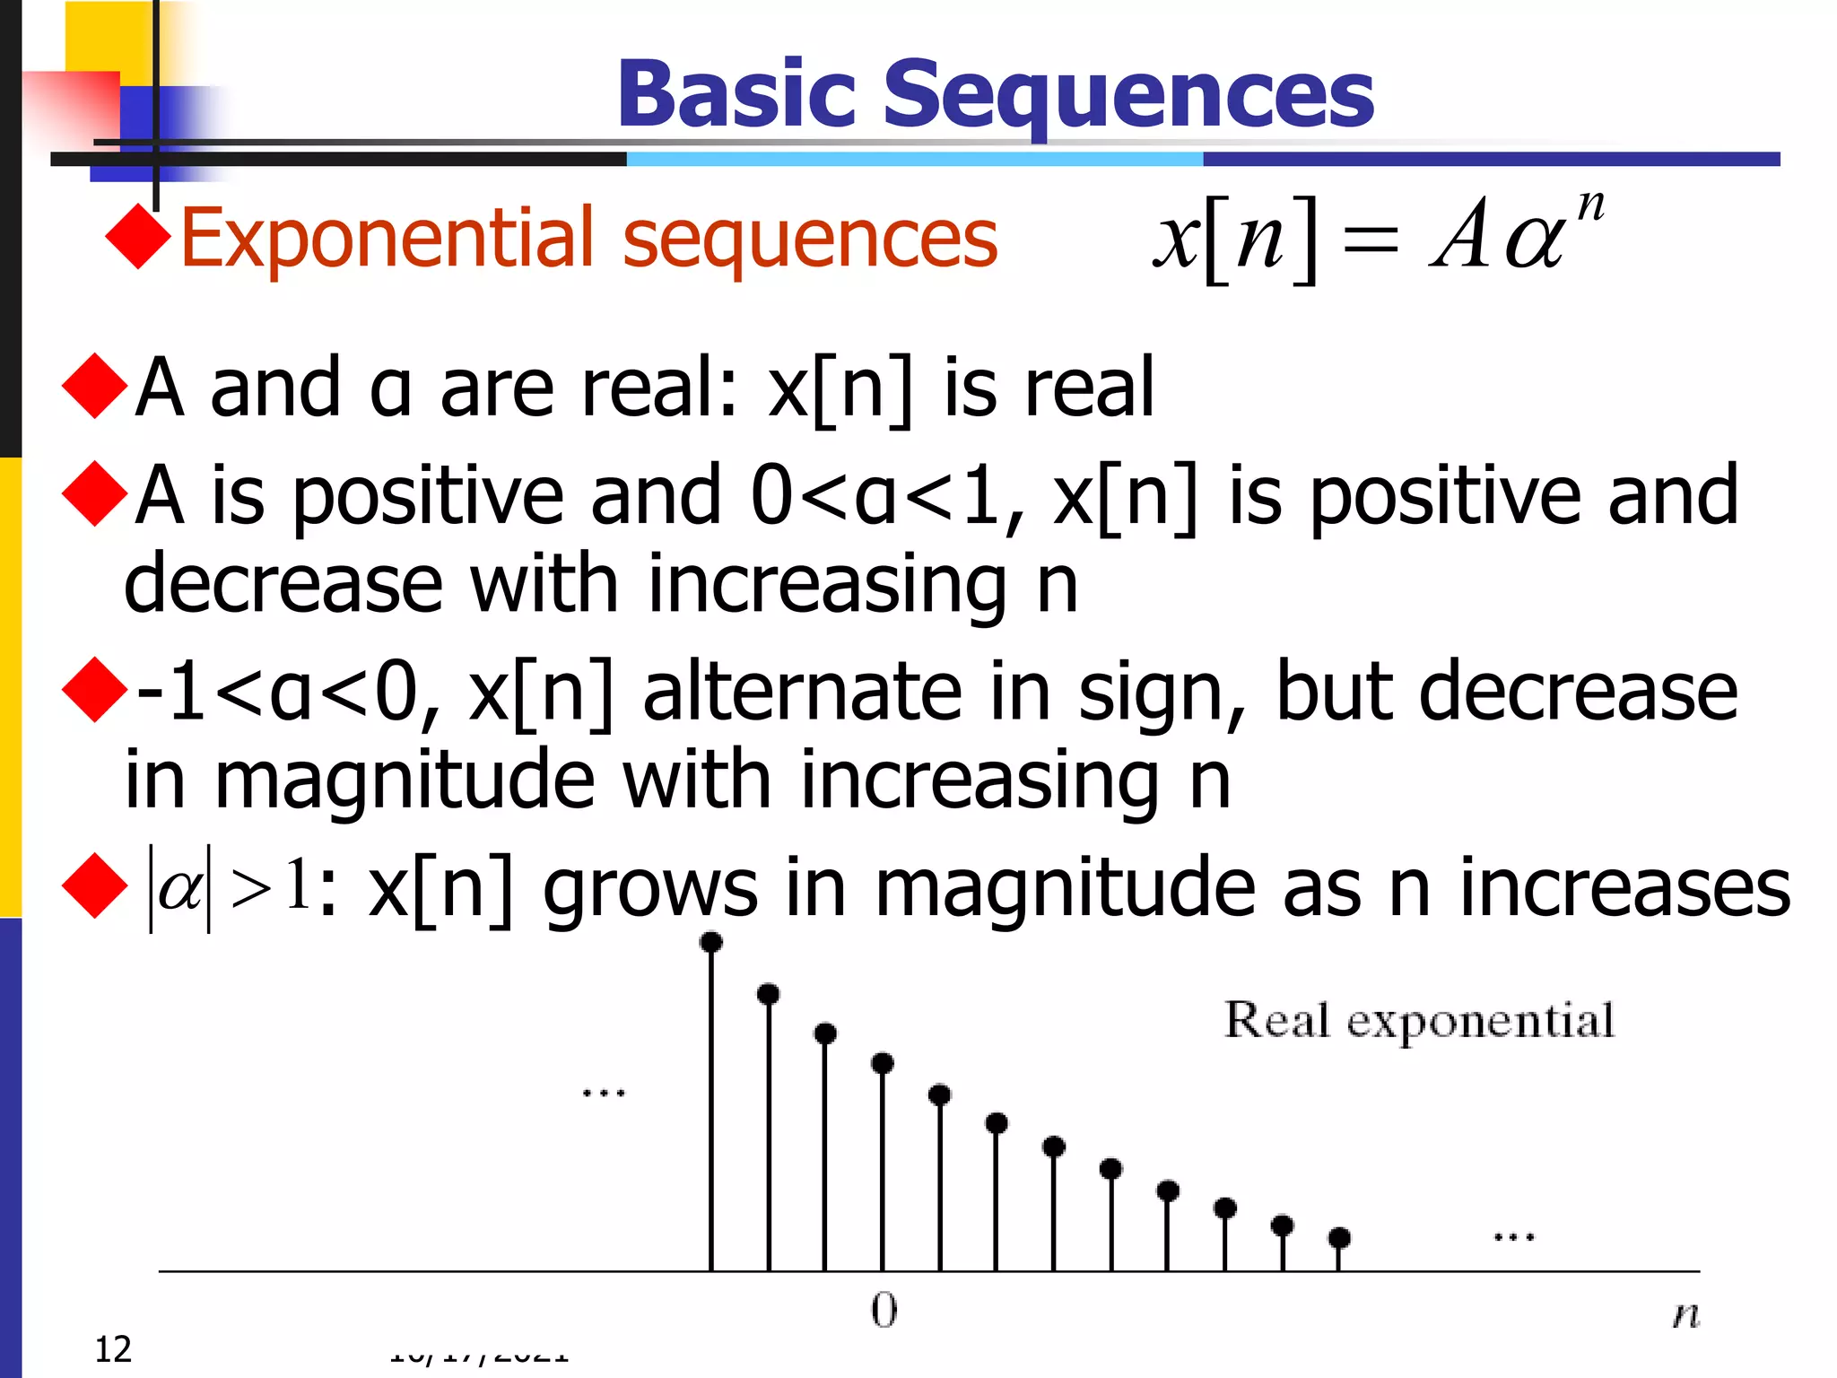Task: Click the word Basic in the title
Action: [736, 94]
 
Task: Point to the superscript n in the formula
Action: [1590, 205]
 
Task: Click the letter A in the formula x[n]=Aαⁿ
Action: [1460, 235]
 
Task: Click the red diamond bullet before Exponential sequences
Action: [137, 237]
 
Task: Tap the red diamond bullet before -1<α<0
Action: [94, 690]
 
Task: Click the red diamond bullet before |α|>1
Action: [94, 886]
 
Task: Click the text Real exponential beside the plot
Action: [1419, 1021]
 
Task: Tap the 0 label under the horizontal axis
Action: [884, 1311]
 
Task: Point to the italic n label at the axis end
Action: [1685, 1315]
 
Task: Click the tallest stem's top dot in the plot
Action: [711, 942]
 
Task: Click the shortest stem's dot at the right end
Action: [1339, 1238]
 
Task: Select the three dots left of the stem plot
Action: [604, 1094]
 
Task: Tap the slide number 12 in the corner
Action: [113, 1349]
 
